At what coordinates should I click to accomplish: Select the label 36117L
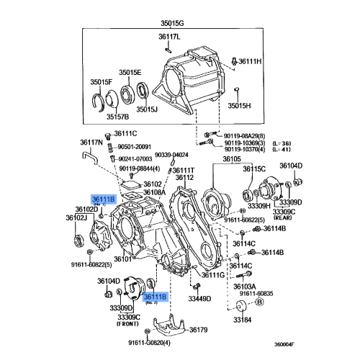170,36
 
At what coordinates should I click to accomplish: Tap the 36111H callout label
251,62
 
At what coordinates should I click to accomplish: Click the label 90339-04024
173,155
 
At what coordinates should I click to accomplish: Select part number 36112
184,177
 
